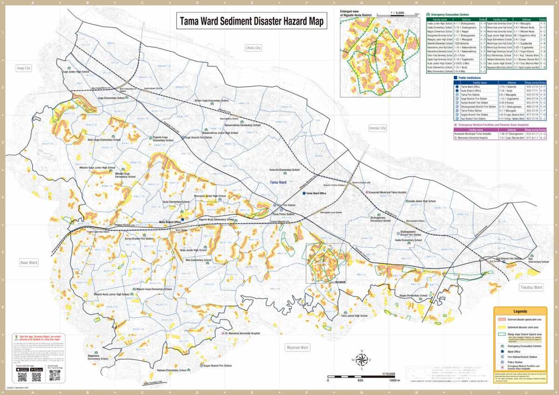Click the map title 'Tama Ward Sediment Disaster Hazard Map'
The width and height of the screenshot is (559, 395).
pos(251,21)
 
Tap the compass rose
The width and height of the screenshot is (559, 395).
pos(361,360)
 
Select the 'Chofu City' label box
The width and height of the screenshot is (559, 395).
pos(254,48)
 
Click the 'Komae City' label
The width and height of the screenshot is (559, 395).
pos(377,128)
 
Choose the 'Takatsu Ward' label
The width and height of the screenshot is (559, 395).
pos(531,287)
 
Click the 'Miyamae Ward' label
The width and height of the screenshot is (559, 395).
pos(297,347)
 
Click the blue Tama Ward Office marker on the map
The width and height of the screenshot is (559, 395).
pos(304,192)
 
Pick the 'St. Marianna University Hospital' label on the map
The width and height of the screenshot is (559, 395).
pos(242,334)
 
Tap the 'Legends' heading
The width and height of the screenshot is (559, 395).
pos(520,311)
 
